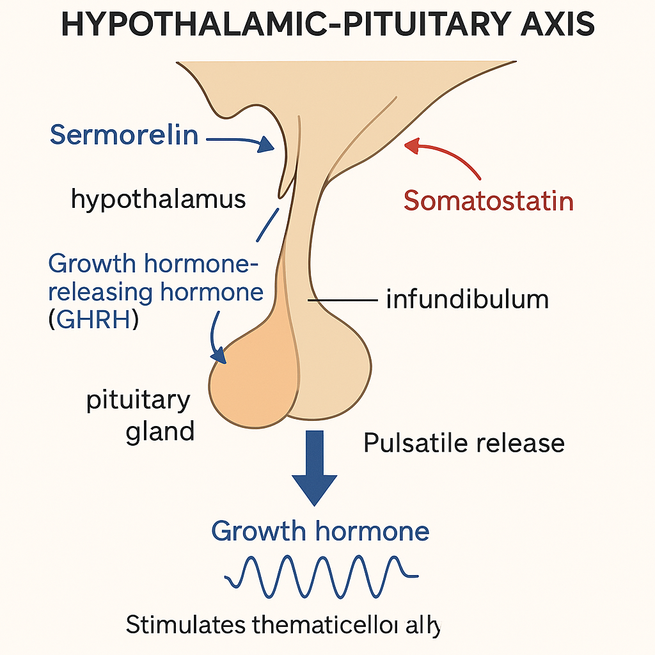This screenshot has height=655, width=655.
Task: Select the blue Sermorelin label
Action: pyautogui.click(x=124, y=135)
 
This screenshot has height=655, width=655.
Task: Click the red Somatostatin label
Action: pyautogui.click(x=488, y=201)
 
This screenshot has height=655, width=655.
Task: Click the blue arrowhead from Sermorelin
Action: pyautogui.click(x=265, y=146)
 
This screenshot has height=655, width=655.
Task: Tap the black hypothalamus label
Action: pyautogui.click(x=158, y=199)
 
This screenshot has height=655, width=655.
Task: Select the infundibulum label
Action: pyautogui.click(x=467, y=299)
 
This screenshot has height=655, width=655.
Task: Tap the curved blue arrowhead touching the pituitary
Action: pyautogui.click(x=219, y=354)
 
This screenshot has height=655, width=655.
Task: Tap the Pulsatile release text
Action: pyautogui.click(x=464, y=443)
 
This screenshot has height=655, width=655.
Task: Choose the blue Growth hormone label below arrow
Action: pyautogui.click(x=320, y=531)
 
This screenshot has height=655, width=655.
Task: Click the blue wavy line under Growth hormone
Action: pyautogui.click(x=320, y=571)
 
